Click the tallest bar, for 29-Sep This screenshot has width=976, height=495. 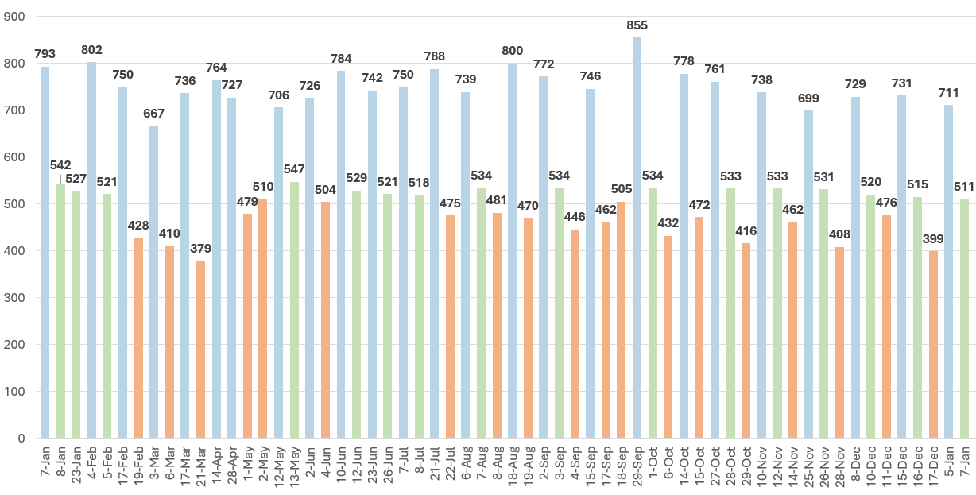coord(637,238)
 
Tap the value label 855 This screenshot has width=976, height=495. coord(637,25)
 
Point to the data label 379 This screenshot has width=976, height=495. coord(200,249)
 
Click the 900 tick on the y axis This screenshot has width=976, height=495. coord(15,17)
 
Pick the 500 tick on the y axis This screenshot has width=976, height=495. coord(15,204)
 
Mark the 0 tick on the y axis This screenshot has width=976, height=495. coord(21,439)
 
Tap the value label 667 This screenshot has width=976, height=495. coord(153,114)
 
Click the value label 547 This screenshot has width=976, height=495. coord(294,170)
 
